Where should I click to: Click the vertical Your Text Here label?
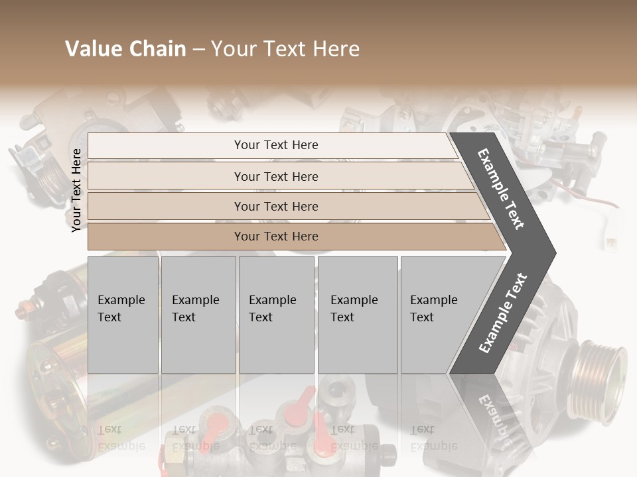[76, 190]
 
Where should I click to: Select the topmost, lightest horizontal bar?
[272, 145]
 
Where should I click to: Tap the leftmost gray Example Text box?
[123, 315]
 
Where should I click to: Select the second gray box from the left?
[198, 315]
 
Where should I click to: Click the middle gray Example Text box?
[276, 315]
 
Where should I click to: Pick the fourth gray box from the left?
[358, 315]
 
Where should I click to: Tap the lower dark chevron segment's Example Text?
[503, 313]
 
